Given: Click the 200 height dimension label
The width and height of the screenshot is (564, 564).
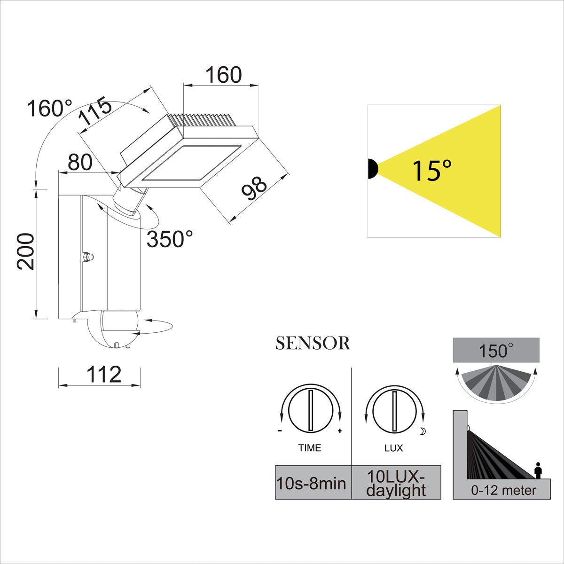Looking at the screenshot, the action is [26, 251].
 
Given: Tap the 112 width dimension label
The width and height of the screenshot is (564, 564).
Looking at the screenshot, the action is [104, 374].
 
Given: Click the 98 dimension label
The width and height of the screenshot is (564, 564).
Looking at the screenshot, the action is [254, 188].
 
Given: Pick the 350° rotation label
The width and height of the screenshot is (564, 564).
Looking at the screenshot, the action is [170, 239].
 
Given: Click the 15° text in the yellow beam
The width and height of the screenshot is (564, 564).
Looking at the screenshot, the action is [432, 171].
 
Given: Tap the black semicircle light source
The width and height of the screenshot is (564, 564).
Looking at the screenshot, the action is [373, 169].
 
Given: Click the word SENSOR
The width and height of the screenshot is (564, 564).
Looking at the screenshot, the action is [313, 343].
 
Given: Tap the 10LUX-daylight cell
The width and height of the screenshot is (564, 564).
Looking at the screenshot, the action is [396, 482].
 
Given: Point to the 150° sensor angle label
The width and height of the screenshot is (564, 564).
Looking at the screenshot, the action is [496, 351].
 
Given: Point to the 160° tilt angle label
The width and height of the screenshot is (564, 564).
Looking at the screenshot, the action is [49, 108].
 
